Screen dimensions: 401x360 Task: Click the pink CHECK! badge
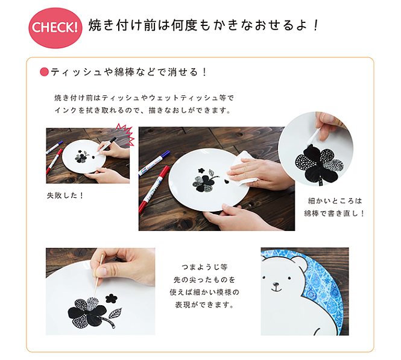[x=55, y=28]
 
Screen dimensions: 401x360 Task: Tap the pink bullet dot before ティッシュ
[x=44, y=72]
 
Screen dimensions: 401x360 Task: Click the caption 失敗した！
[x=65, y=195]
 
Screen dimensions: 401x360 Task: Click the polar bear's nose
[x=276, y=284]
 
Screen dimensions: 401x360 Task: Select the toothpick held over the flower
[x=98, y=276]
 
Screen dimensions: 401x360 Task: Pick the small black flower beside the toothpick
[x=111, y=298]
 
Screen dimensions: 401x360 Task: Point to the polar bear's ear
[x=298, y=263]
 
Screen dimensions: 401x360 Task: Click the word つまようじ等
[x=204, y=268]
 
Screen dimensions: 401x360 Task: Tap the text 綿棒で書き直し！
[x=334, y=213]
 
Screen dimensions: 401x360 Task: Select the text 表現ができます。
[x=204, y=305]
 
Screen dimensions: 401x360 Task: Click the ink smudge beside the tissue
[x=226, y=182]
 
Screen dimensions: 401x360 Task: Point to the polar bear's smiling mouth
[x=276, y=289]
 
